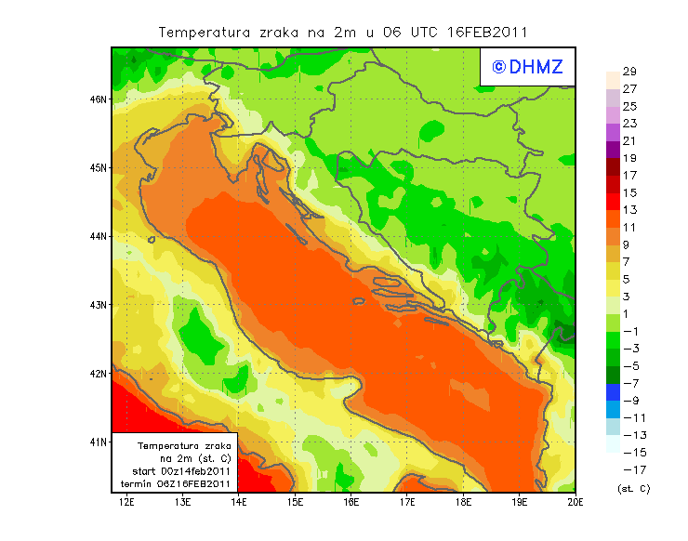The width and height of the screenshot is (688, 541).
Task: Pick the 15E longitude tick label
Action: [296, 503]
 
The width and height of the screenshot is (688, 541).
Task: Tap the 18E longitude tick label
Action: [463, 503]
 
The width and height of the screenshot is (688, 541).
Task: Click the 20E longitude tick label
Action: [576, 503]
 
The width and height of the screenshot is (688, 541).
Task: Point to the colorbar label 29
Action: [629, 72]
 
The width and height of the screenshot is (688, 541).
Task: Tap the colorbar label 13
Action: [629, 210]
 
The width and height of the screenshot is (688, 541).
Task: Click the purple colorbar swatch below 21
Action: [612, 149]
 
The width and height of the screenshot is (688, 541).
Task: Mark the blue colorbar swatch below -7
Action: [612, 391]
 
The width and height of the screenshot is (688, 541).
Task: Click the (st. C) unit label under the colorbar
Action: [633, 488]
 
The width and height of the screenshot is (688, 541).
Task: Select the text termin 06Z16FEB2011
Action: [177, 483]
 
